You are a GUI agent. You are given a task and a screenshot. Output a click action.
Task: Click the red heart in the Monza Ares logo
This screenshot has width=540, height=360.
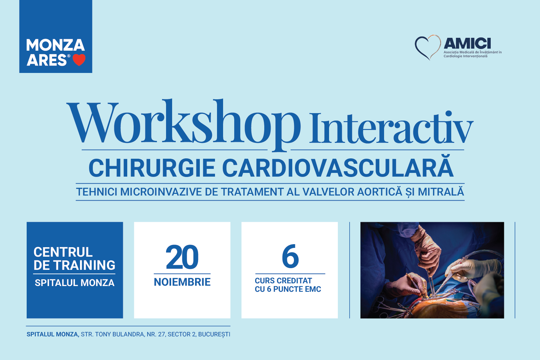click(79, 60)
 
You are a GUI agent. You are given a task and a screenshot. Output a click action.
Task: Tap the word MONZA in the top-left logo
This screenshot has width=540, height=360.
click(55, 45)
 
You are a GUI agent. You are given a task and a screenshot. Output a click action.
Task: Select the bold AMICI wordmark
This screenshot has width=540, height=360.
click(467, 44)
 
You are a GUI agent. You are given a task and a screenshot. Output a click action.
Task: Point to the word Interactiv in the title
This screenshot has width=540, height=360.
click(391, 128)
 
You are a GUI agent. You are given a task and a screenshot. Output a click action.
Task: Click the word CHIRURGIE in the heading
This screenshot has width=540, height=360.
click(152, 168)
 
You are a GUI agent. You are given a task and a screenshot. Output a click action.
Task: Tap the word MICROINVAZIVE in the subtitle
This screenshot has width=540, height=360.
click(161, 192)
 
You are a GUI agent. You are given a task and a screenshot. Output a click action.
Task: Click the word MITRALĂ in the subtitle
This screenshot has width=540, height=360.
click(441, 191)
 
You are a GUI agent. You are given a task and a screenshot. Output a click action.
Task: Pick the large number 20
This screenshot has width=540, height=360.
click(182, 257)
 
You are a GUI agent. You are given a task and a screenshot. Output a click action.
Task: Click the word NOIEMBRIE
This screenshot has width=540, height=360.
click(182, 282)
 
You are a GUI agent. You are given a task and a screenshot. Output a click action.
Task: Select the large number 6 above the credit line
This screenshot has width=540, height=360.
click(290, 256)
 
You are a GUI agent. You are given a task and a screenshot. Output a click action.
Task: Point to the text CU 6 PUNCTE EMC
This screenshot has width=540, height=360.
click(288, 289)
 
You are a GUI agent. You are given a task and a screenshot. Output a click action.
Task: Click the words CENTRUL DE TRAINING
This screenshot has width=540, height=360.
click(74, 259)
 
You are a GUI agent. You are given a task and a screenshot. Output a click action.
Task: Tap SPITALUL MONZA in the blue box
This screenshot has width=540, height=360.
click(75, 283)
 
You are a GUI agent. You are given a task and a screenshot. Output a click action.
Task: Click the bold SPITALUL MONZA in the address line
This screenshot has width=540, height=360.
click(53, 334)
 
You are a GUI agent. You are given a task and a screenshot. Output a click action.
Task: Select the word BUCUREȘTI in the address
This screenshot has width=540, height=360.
click(214, 335)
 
